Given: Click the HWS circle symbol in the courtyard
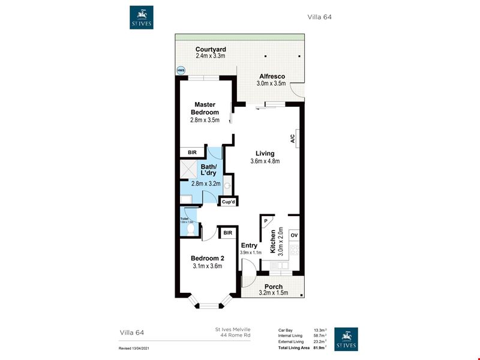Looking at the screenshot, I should [x=181, y=70].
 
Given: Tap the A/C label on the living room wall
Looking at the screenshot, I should [x=292, y=139].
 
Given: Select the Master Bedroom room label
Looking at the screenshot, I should [x=205, y=109].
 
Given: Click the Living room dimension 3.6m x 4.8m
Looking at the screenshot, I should [x=265, y=161].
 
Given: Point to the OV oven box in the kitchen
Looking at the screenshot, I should [x=294, y=235].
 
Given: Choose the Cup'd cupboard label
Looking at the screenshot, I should [x=228, y=202].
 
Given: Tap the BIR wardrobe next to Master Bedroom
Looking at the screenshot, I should [x=192, y=152].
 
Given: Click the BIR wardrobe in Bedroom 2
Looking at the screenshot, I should [x=228, y=233].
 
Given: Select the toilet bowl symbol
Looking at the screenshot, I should [x=191, y=229].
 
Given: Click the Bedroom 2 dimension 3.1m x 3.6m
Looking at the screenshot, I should [x=208, y=266].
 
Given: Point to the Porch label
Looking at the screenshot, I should [x=274, y=287].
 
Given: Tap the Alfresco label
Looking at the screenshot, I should [x=272, y=76].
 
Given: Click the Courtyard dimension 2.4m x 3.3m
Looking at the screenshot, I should [x=210, y=56].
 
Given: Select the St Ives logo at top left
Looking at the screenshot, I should [x=141, y=17].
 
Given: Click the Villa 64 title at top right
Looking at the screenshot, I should [x=319, y=17].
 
